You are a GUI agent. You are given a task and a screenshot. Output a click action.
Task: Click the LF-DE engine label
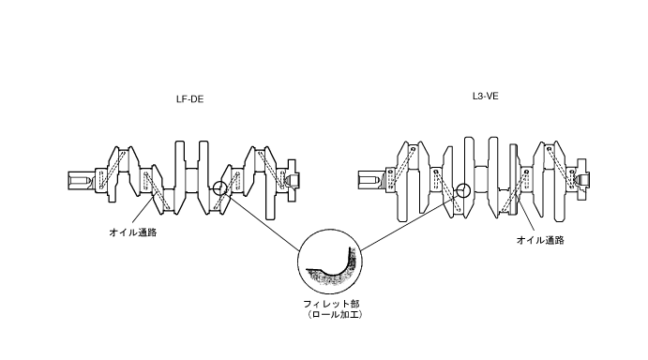(x=189, y=99)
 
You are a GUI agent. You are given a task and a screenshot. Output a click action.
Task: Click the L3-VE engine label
(x=485, y=97)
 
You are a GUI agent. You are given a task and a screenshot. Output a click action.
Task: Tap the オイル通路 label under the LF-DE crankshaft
(x=133, y=232)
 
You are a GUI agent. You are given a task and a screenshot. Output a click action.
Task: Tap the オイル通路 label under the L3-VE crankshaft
(x=540, y=240)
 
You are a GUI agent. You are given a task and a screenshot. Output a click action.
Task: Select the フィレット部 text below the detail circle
(x=331, y=304)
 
